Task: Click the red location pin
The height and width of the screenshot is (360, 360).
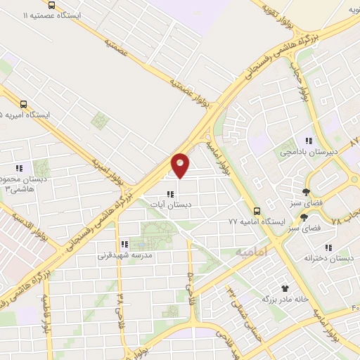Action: click(x=181, y=165)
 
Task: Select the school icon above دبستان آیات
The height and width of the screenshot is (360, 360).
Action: click(x=169, y=193)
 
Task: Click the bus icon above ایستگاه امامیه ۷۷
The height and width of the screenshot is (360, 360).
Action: click(x=257, y=210)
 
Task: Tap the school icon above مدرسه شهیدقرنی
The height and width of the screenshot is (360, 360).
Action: click(x=123, y=245)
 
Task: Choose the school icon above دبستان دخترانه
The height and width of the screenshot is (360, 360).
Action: click(x=328, y=247)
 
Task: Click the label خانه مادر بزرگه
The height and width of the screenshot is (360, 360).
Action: click(x=285, y=299)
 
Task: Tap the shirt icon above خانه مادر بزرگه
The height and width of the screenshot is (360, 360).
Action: click(x=285, y=288)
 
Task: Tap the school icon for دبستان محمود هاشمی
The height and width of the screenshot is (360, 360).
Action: click(x=19, y=168)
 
